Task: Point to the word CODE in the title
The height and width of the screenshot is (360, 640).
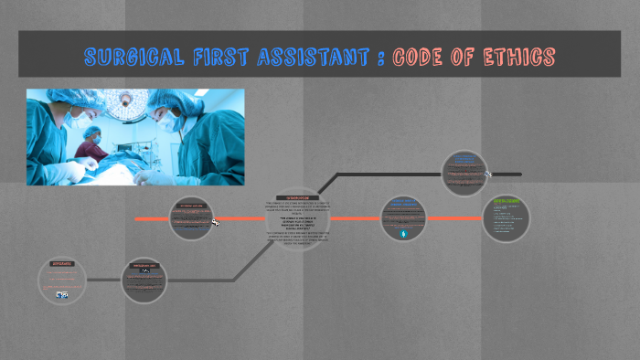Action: click(421, 58)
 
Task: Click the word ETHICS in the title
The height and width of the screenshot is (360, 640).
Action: click(519, 58)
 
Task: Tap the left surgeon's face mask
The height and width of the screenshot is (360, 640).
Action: click(80, 122)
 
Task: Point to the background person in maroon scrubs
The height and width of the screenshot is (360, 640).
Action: click(92, 143)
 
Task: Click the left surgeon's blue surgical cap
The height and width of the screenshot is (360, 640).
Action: click(69, 100)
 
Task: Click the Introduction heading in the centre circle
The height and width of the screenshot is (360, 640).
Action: click(298, 197)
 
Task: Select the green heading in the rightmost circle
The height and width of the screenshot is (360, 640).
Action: click(507, 200)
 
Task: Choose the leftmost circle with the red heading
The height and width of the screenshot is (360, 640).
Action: click(62, 281)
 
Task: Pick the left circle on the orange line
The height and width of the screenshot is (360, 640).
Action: click(192, 219)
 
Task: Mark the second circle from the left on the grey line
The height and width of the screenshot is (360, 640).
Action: click(144, 280)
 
